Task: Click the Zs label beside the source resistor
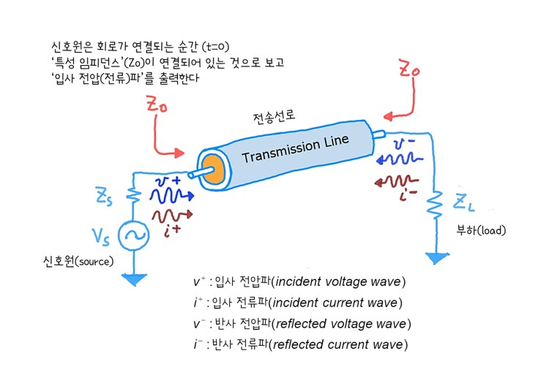[x=105, y=195]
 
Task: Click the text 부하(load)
[x=481, y=230]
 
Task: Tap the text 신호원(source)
[x=78, y=260]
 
